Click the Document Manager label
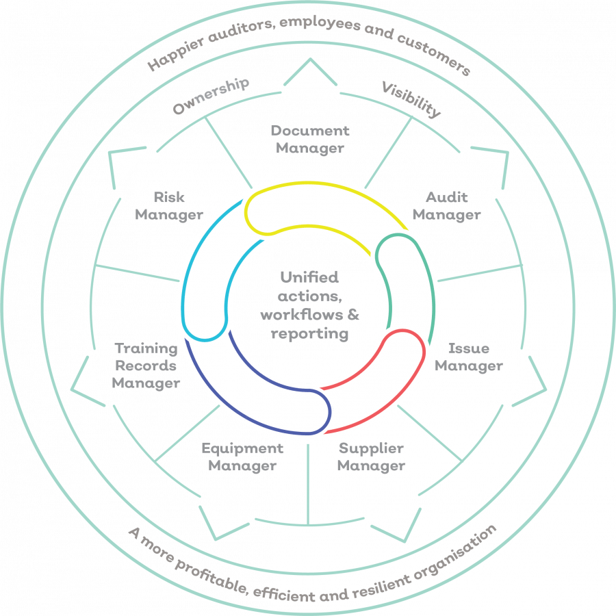point(309,138)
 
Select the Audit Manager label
point(446,206)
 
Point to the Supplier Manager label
point(371,458)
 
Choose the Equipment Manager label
point(242,457)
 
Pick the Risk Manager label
point(168,206)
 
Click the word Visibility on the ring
point(411,99)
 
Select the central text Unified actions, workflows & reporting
point(309,306)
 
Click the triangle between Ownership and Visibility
point(309,74)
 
